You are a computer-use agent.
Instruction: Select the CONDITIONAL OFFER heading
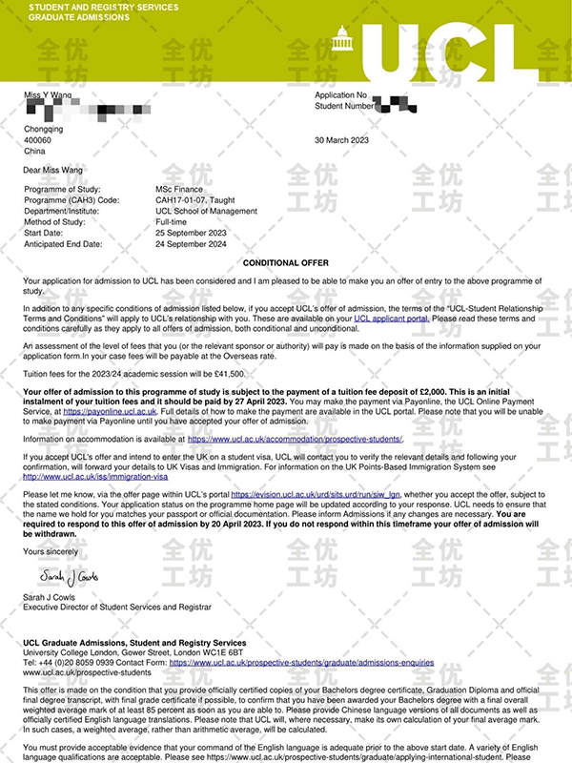click(x=286, y=262)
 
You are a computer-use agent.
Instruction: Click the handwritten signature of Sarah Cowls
click(x=71, y=576)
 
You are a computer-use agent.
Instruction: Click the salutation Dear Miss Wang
click(x=53, y=170)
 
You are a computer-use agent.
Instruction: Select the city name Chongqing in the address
click(x=44, y=129)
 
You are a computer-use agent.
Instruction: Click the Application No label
click(x=340, y=96)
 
